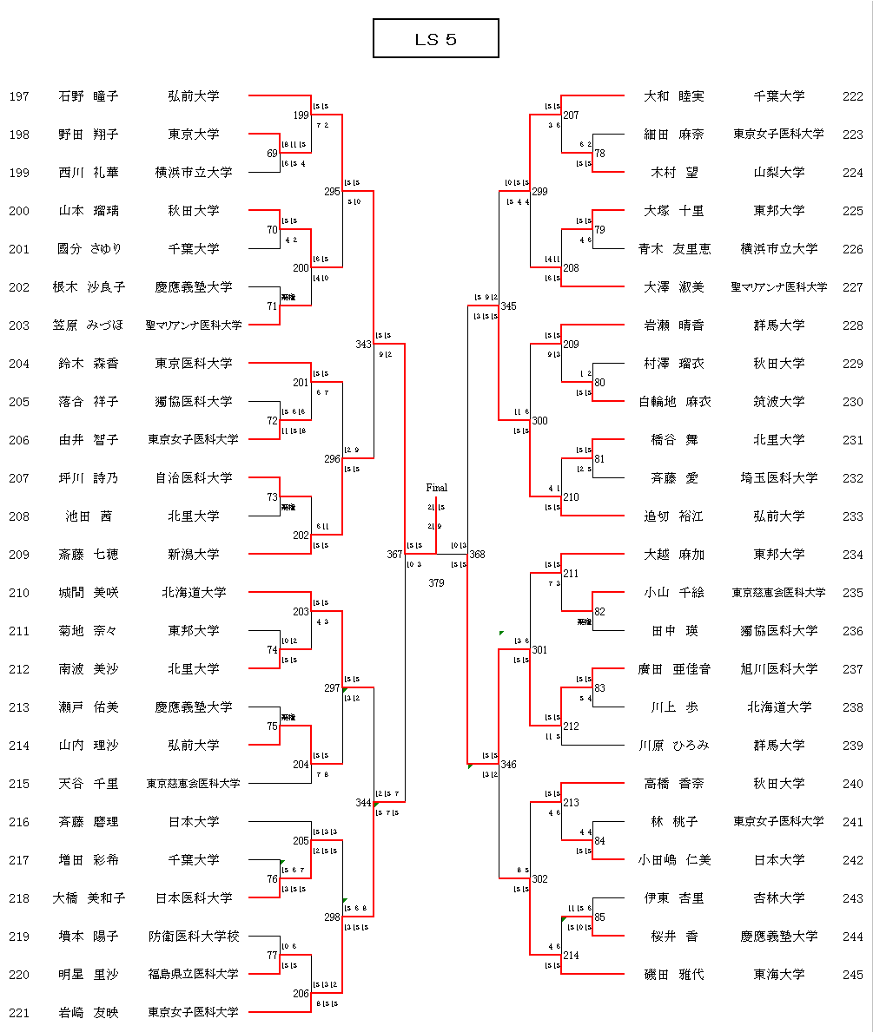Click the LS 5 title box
click(435, 39)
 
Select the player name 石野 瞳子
click(89, 96)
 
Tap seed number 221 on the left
click(19, 1013)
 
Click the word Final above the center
click(436, 489)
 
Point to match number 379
click(436, 583)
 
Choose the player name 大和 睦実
click(674, 96)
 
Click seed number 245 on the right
click(852, 975)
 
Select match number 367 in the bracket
click(395, 555)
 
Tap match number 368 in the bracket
click(477, 555)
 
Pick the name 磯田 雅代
click(674, 975)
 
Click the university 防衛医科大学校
click(194, 937)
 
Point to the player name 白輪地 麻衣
click(674, 402)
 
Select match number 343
click(364, 345)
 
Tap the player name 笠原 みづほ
click(89, 325)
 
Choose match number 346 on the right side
click(508, 765)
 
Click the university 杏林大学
click(778, 898)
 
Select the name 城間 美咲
click(89, 593)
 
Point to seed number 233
click(852, 516)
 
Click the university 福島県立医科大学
click(194, 975)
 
